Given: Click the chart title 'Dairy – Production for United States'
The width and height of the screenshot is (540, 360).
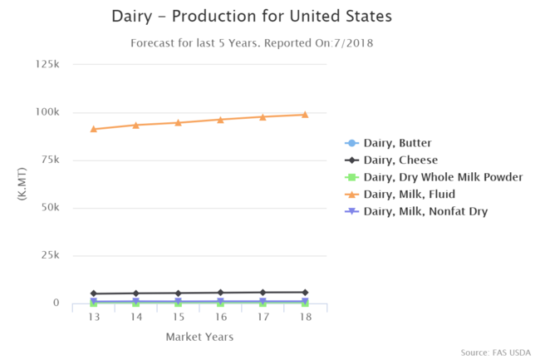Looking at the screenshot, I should click(252, 17).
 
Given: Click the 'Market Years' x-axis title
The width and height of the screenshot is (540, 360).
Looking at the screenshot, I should click(199, 337).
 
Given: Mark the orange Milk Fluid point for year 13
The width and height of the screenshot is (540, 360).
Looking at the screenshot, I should click(94, 129).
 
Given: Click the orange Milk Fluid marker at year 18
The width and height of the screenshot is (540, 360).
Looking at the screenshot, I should click(305, 115).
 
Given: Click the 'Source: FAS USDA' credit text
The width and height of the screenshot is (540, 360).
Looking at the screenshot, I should click(495, 352).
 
